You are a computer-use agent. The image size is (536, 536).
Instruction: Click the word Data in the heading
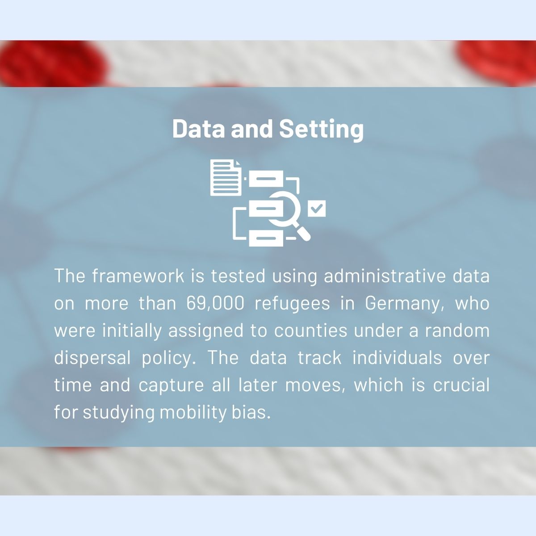(x=198, y=129)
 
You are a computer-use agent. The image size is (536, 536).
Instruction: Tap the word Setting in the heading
(x=321, y=130)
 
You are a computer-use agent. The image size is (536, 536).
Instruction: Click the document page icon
(x=226, y=177)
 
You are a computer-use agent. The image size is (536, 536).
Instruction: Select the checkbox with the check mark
(x=317, y=208)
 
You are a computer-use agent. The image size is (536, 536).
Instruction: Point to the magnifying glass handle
(x=303, y=233)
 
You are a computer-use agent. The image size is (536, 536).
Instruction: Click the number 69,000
(x=215, y=303)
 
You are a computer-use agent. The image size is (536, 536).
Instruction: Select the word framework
(x=138, y=276)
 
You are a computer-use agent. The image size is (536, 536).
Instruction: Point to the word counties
(x=311, y=331)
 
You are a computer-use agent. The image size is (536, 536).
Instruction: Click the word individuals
(x=397, y=358)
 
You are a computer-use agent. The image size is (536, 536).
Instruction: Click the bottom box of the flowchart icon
(x=266, y=239)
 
